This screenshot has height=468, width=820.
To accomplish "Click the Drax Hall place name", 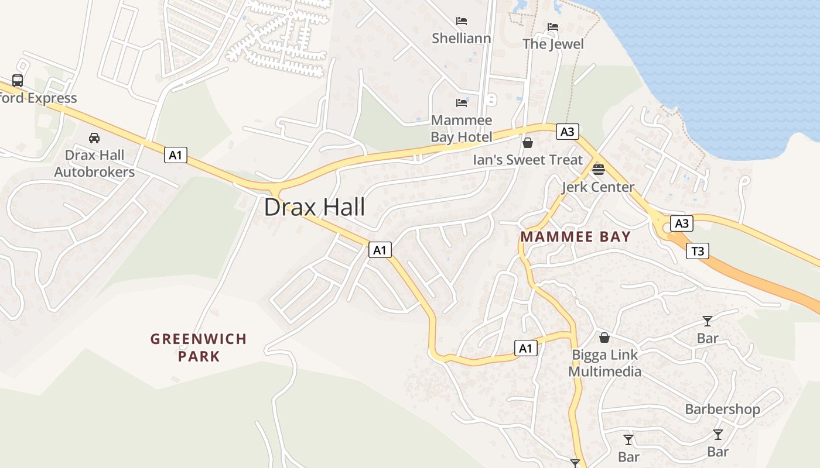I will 315,207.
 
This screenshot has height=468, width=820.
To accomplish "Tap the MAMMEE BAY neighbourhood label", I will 575,237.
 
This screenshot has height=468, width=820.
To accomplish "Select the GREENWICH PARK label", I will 199,347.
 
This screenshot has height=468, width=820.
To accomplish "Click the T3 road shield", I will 697,252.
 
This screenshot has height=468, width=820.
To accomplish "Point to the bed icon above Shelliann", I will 462,21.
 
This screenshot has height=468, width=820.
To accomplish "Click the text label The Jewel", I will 553,44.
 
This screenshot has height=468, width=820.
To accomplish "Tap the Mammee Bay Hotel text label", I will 462,129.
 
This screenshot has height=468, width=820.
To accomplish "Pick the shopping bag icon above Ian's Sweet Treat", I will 528,142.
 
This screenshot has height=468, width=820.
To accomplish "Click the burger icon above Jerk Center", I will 598,170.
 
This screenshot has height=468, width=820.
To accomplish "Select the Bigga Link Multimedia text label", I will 605,363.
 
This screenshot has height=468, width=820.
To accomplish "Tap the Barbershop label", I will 722,409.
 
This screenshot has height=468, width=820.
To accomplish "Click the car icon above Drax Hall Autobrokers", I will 94,138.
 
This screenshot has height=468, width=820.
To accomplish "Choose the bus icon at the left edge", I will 18,81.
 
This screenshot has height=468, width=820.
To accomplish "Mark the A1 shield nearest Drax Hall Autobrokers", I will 176,155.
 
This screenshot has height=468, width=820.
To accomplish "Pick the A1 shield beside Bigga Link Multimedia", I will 525,348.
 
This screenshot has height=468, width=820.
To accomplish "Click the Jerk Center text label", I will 597,187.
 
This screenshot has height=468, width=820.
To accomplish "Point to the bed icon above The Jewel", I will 552,27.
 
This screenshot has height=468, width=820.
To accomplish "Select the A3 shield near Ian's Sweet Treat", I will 567,132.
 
